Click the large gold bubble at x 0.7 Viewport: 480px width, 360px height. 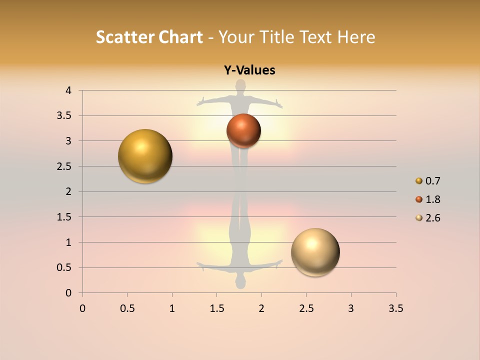pyautogui.click(x=145, y=156)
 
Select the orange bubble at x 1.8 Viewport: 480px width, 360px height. pyautogui.click(x=243, y=130)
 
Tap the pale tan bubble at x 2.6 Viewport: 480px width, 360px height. pyautogui.click(x=315, y=252)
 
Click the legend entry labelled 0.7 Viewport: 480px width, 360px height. pyautogui.click(x=432, y=181)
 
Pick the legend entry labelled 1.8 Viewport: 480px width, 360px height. pyautogui.click(x=432, y=199)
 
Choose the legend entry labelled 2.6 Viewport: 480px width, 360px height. pyautogui.click(x=432, y=218)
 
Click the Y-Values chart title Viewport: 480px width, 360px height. pyautogui.click(x=249, y=70)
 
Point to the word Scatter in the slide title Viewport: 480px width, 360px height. pyautogui.click(x=125, y=37)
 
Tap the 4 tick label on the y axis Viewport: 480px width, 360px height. pyautogui.click(x=68, y=90)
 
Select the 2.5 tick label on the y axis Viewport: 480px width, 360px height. pyautogui.click(x=64, y=166)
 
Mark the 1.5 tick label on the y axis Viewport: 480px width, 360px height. pyautogui.click(x=64, y=217)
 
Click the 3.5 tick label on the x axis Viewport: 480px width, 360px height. pyautogui.click(x=395, y=308)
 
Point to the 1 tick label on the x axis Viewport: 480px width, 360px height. pyautogui.click(x=172, y=308)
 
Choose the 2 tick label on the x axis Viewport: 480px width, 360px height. pyautogui.click(x=261, y=308)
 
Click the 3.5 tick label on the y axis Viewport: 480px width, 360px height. pyautogui.click(x=64, y=116)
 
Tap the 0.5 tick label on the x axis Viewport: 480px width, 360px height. pyautogui.click(x=127, y=308)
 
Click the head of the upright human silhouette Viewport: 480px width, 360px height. pyautogui.click(x=241, y=85)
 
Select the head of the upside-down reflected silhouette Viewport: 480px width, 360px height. pyautogui.click(x=241, y=283)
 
